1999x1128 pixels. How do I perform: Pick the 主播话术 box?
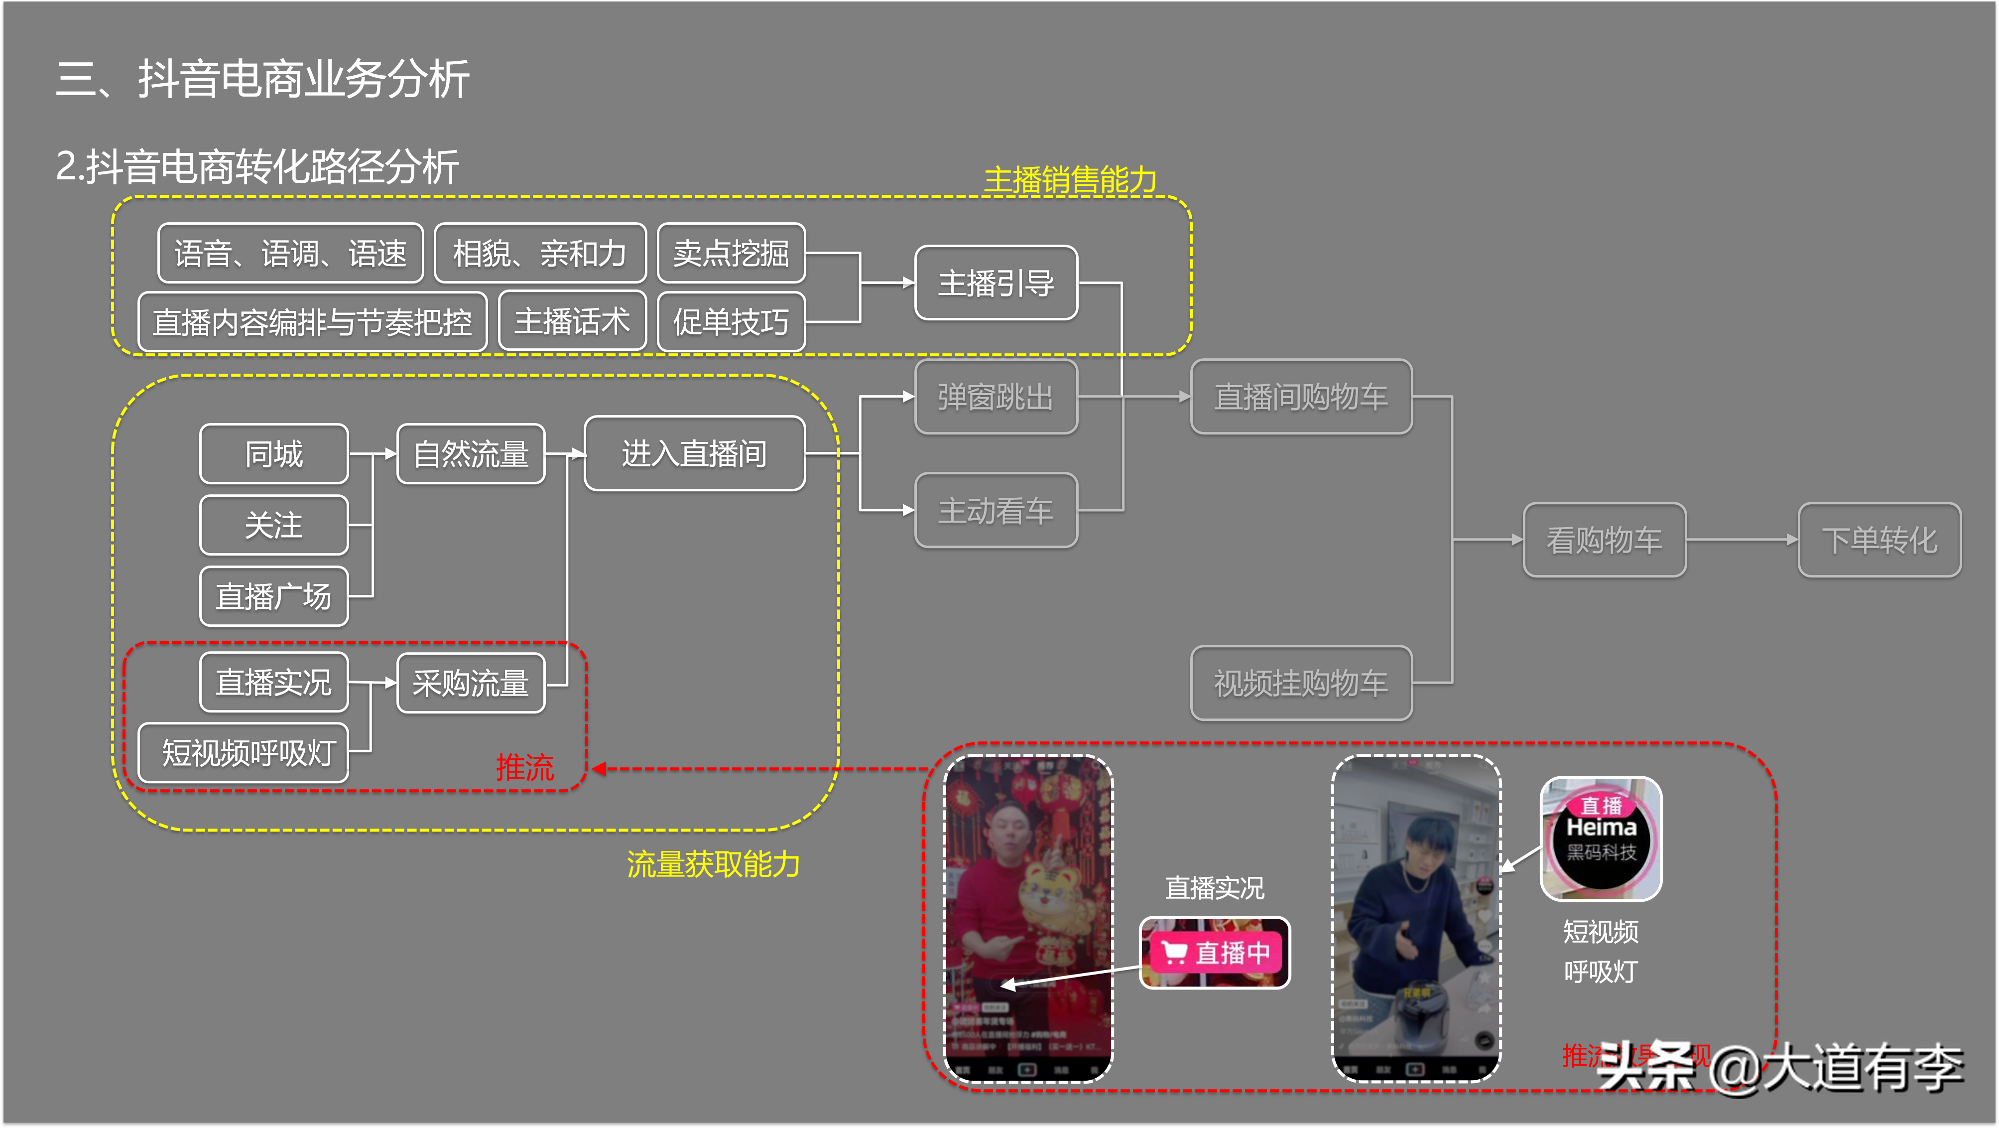(572, 321)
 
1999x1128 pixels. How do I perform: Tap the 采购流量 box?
(471, 683)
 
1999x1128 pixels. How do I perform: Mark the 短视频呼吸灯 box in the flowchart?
(244, 753)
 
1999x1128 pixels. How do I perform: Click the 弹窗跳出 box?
(996, 397)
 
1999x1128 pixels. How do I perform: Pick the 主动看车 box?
(996, 511)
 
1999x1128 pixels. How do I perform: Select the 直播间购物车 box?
(1301, 397)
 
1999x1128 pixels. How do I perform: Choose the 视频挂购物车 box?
(1301, 683)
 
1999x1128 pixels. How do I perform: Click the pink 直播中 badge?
(1215, 953)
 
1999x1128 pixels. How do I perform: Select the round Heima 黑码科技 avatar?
(1601, 839)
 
